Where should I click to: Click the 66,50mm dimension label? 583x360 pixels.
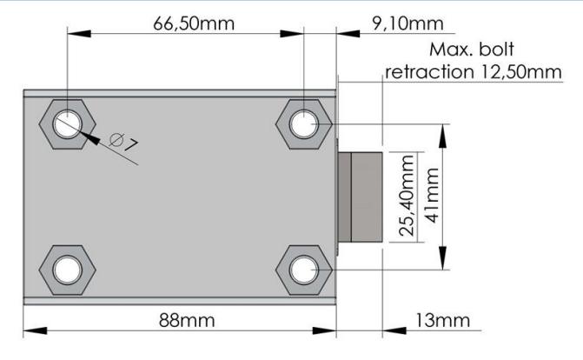[x=194, y=23]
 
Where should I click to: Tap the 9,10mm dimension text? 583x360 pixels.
[x=407, y=23]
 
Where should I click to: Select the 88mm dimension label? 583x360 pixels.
[x=187, y=320]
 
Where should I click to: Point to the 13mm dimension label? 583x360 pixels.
[x=442, y=320]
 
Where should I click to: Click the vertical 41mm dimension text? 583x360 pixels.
[x=433, y=196]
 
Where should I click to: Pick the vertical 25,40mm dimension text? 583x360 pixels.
[x=407, y=196]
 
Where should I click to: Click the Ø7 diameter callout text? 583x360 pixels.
[x=124, y=142]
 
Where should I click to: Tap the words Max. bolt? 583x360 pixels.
[x=472, y=50]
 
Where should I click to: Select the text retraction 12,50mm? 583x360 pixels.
[x=474, y=72]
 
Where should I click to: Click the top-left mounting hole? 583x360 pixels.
[x=67, y=124]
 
